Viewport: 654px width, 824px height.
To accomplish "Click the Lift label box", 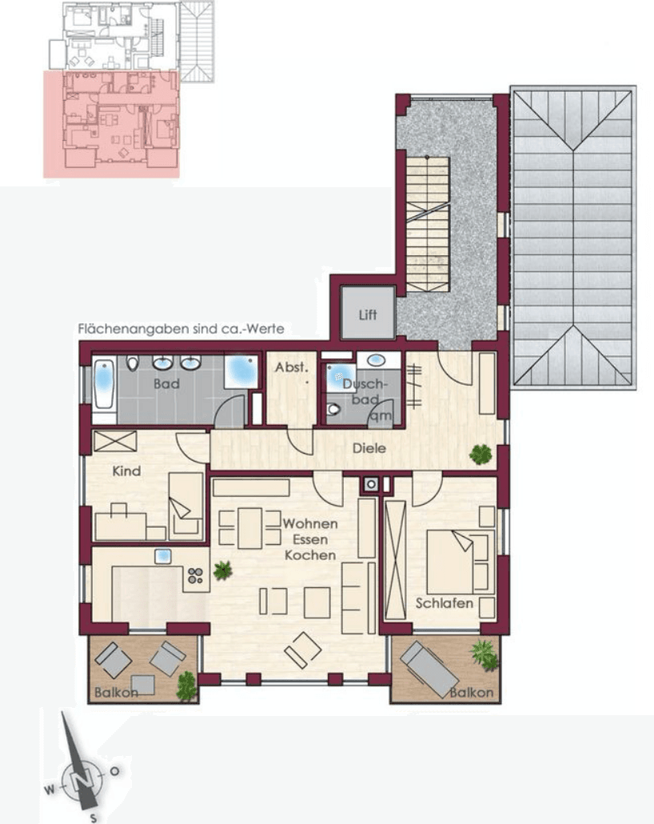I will pyautogui.click(x=368, y=314).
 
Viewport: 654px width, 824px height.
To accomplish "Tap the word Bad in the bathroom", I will pyautogui.click(x=167, y=384).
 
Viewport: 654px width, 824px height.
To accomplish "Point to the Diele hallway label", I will pyautogui.click(x=369, y=448).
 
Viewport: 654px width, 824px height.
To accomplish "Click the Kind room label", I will pyautogui.click(x=126, y=471).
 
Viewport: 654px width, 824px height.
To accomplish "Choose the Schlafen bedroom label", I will pyautogui.click(x=445, y=603).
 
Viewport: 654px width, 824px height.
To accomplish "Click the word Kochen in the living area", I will pyautogui.click(x=309, y=554).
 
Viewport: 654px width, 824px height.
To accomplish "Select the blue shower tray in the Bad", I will pyautogui.click(x=240, y=370).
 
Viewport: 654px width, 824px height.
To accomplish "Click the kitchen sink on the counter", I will pyautogui.click(x=164, y=556).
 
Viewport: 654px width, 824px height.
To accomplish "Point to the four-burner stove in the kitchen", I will pyautogui.click(x=196, y=574).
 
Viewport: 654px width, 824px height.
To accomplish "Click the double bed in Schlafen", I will pyautogui.click(x=452, y=560).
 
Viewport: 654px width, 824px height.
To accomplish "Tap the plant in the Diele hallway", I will pyautogui.click(x=481, y=454).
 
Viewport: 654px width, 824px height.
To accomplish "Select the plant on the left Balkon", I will pyautogui.click(x=186, y=684).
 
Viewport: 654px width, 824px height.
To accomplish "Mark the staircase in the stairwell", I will pyautogui.click(x=427, y=224).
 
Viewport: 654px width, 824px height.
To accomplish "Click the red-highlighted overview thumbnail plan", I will pyautogui.click(x=111, y=124).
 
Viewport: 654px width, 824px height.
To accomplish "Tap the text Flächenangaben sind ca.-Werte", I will pyautogui.click(x=181, y=329).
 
